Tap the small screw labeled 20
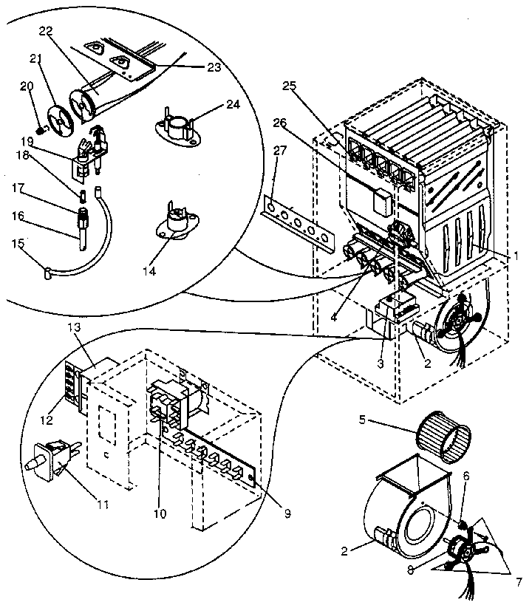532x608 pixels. coord(42,127)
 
